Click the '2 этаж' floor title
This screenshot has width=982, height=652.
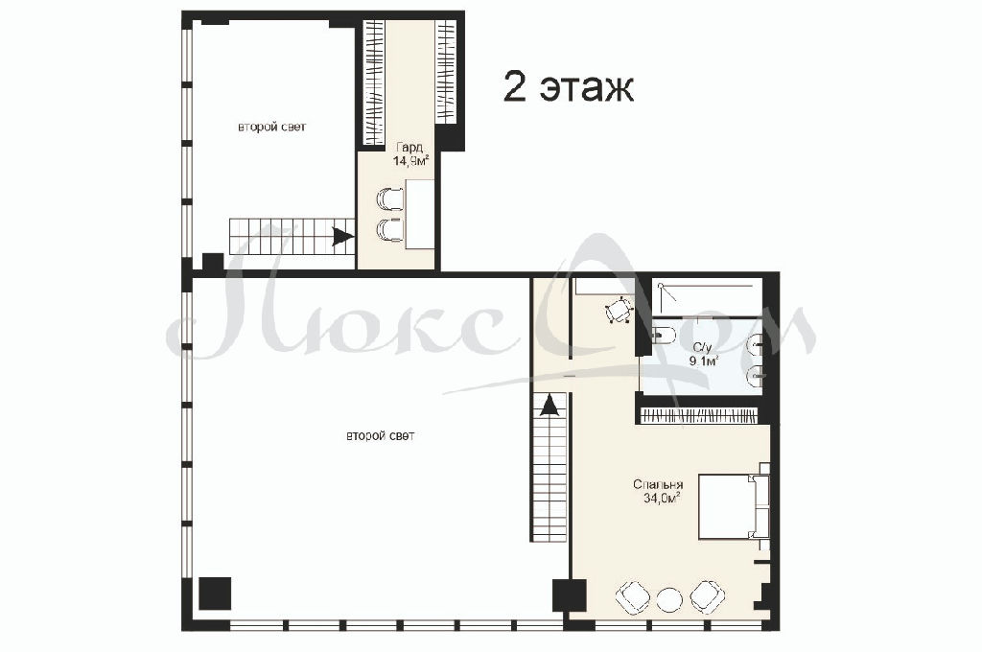tap(568, 87)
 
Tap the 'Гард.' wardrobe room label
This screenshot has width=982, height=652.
tap(410, 148)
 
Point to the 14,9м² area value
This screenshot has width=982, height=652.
tap(410, 161)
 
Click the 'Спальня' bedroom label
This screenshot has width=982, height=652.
tap(658, 485)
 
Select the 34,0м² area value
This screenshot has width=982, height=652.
tap(662, 499)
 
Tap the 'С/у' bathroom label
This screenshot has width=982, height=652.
tap(701, 347)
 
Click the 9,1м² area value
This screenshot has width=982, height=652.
tap(703, 361)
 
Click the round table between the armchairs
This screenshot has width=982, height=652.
tap(669, 600)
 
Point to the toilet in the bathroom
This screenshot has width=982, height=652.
tap(663, 336)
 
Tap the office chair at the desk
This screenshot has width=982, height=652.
tap(619, 310)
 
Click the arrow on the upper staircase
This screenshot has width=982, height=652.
tap(341, 237)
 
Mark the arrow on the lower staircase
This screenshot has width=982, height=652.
tap(549, 406)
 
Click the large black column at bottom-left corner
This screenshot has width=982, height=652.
tap(215, 594)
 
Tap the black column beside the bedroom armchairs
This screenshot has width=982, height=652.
tap(570, 595)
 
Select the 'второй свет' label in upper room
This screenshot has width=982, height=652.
tap(271, 128)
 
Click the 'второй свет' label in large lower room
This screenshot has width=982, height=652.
tap(380, 436)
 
